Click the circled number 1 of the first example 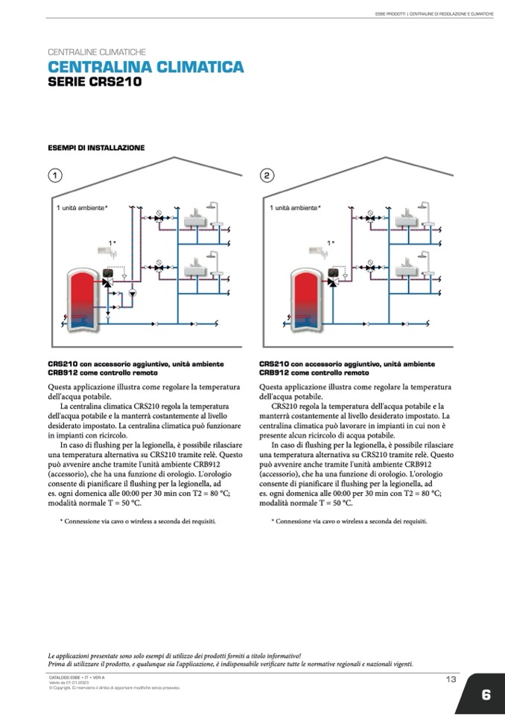[x=54, y=176]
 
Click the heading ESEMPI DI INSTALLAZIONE [x=96, y=148]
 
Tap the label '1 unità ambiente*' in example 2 [x=295, y=207]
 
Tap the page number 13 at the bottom [x=451, y=678]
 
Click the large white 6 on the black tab [x=486, y=695]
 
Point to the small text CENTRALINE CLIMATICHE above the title [x=96, y=53]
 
